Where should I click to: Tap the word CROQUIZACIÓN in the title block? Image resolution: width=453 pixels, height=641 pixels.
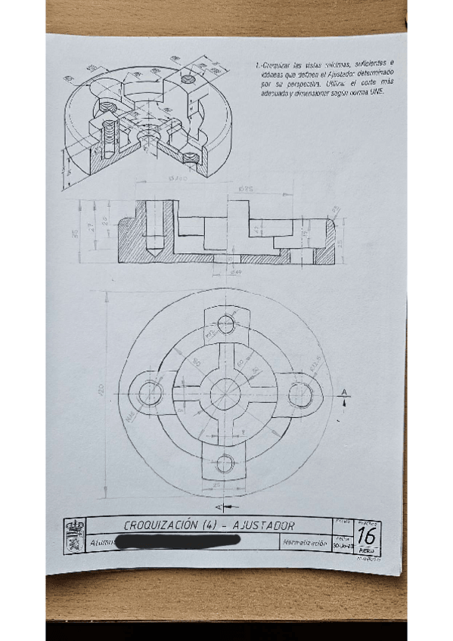[x=161, y=525]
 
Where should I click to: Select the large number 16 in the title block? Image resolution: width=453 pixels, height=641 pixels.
[x=367, y=535]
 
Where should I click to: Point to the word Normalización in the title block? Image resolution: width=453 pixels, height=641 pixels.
[x=304, y=543]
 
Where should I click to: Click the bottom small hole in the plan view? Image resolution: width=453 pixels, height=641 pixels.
[x=225, y=463]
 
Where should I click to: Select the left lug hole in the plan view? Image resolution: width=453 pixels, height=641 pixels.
[x=150, y=392]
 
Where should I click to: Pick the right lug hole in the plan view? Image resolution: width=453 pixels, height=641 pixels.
[x=301, y=392]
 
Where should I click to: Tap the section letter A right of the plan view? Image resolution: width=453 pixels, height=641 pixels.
[x=344, y=392]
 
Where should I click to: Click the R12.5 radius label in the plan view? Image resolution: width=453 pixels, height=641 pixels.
[x=314, y=361]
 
